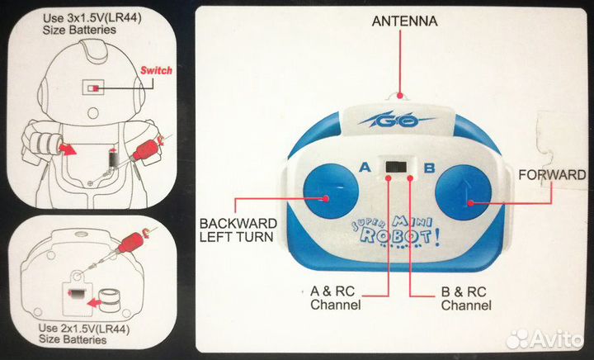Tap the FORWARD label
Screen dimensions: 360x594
click(x=551, y=175)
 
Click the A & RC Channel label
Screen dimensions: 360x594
click(x=335, y=298)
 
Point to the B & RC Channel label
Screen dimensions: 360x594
click(x=466, y=298)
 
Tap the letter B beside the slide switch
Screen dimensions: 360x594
click(x=429, y=168)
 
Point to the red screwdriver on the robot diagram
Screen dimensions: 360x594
click(x=144, y=150)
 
